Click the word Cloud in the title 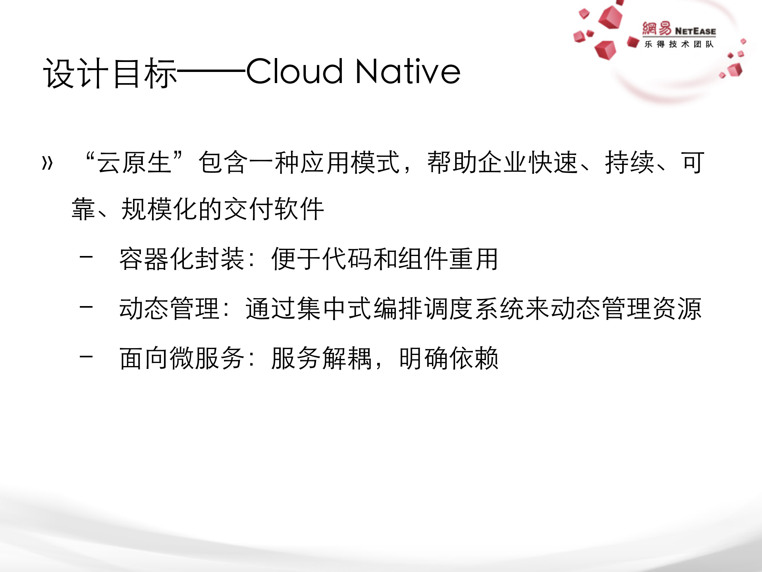click(x=294, y=72)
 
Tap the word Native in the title click(x=408, y=72)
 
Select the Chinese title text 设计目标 click(x=110, y=73)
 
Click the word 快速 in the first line click(x=553, y=163)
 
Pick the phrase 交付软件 click(x=274, y=209)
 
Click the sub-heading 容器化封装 click(x=181, y=259)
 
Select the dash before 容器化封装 click(x=86, y=257)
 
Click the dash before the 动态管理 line click(x=86, y=307)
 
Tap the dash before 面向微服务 click(x=86, y=357)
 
